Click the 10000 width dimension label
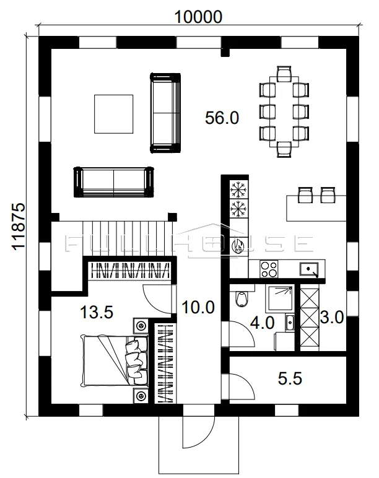click(198, 17)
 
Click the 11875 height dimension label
click(19, 227)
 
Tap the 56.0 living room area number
click(222, 118)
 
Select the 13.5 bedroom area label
click(97, 312)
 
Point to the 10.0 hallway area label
click(198, 307)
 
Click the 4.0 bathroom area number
click(262, 323)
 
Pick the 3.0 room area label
click(332, 318)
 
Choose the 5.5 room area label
click(290, 378)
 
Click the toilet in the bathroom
click(242, 298)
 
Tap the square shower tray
click(280, 298)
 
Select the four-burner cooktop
click(269, 269)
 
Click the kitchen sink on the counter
click(309, 269)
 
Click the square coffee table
click(114, 114)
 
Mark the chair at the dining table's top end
click(284, 74)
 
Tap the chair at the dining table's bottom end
click(284, 149)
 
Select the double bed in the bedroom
click(115, 360)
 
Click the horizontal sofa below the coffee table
click(114, 182)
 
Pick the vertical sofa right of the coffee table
click(165, 113)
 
